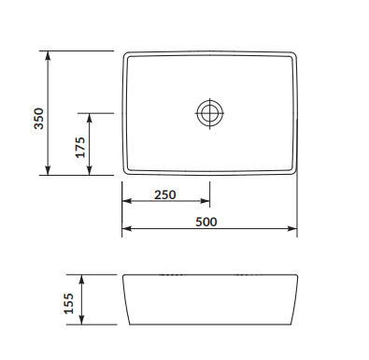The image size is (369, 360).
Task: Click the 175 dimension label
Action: pyautogui.click(x=80, y=145)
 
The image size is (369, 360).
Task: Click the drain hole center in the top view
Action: pyautogui.click(x=210, y=113)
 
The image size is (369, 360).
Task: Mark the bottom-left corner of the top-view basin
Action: pyautogui.click(x=124, y=173)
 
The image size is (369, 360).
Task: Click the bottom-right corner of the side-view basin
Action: pyautogui.click(x=291, y=324)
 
